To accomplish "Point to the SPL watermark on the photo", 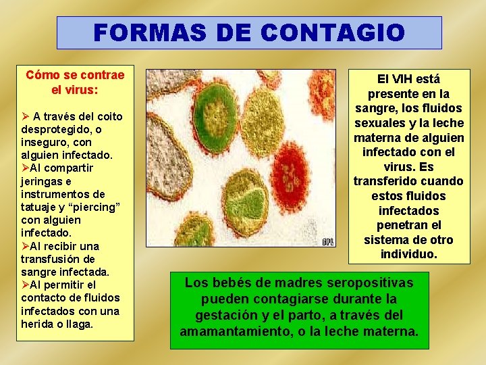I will coord(327,241).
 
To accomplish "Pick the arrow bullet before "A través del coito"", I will coord(26,116).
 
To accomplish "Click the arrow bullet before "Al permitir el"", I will coord(25,285).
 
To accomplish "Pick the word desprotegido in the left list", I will coord(57,129).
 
